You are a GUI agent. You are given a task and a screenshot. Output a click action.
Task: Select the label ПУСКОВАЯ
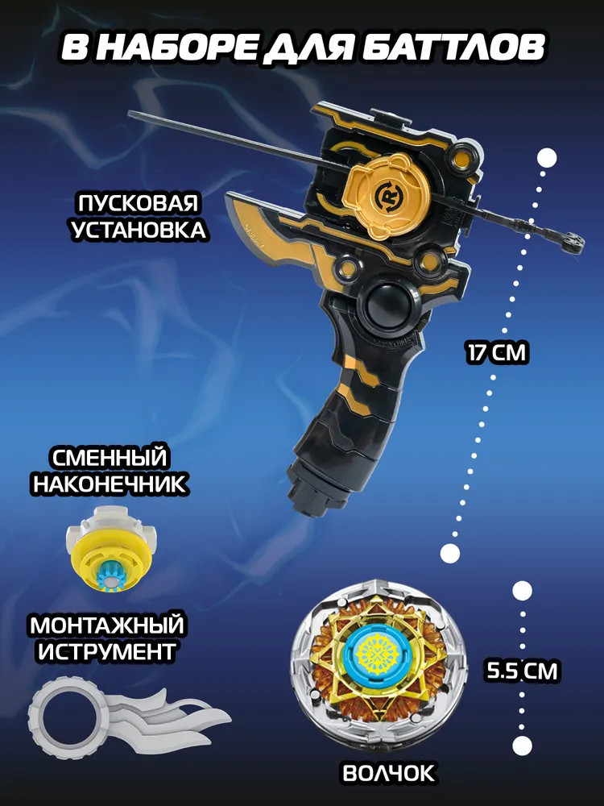tap(139, 203)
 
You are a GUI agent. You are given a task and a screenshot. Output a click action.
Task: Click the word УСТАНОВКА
tap(139, 230)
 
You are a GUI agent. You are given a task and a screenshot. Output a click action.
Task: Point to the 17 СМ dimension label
tap(497, 354)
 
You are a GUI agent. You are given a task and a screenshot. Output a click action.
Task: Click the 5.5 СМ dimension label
tap(522, 671)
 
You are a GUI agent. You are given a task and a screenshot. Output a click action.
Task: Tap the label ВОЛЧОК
tap(388, 773)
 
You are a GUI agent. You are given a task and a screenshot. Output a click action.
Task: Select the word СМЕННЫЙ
tap(110, 458)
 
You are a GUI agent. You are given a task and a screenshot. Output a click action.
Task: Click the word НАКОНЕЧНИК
tap(110, 484)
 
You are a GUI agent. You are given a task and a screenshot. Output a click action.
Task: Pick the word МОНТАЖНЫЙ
tap(107, 625)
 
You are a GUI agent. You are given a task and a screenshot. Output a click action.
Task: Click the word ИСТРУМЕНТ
tap(107, 652)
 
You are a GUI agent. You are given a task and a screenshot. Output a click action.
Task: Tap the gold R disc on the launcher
tap(386, 195)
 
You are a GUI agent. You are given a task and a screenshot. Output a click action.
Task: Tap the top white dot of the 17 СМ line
tap(547, 158)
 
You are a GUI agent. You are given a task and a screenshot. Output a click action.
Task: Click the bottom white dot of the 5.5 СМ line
tap(522, 746)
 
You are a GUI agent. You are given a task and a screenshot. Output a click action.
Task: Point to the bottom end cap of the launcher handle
tap(311, 493)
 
